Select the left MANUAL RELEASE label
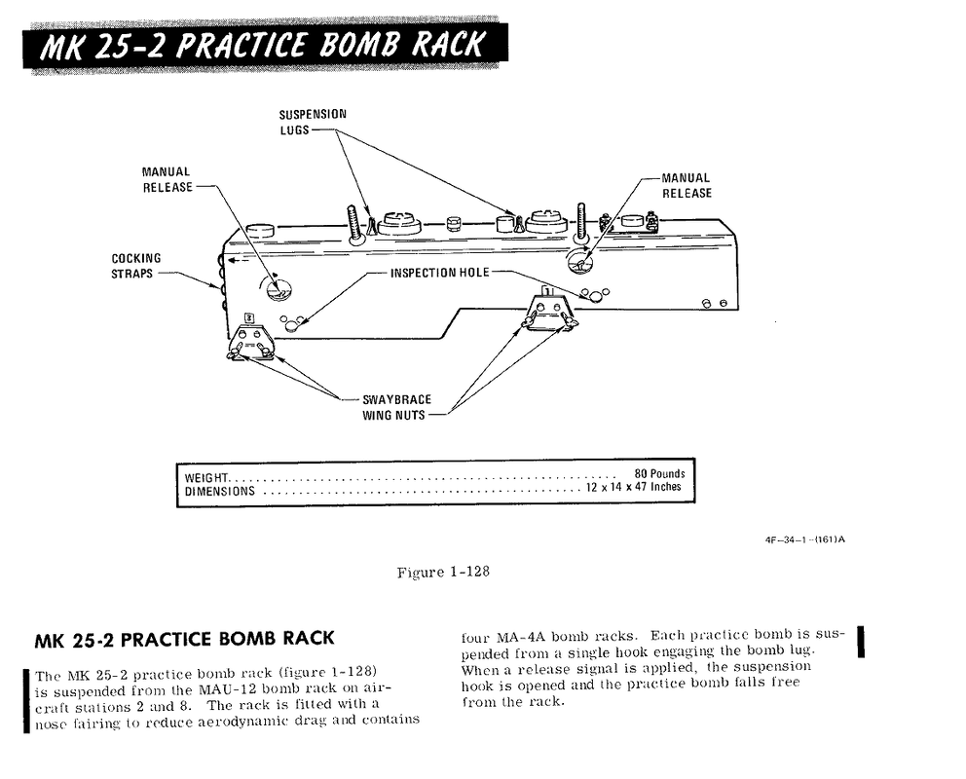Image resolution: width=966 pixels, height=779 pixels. pyautogui.click(x=167, y=180)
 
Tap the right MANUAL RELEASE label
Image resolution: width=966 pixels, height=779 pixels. pyautogui.click(x=687, y=185)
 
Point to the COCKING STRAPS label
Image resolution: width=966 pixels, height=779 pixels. pyautogui.click(x=135, y=266)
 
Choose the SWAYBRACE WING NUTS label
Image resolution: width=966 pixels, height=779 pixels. pyautogui.click(x=396, y=407)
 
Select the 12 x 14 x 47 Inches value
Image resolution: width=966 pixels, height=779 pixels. pyautogui.click(x=634, y=487)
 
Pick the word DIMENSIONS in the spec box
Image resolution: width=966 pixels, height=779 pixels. pyautogui.click(x=220, y=491)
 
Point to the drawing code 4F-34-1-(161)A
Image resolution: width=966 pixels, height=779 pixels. pyautogui.click(x=804, y=539)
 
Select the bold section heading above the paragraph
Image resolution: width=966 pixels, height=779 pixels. pyautogui.click(x=184, y=640)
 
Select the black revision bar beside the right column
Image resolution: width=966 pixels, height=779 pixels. pyautogui.click(x=861, y=642)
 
